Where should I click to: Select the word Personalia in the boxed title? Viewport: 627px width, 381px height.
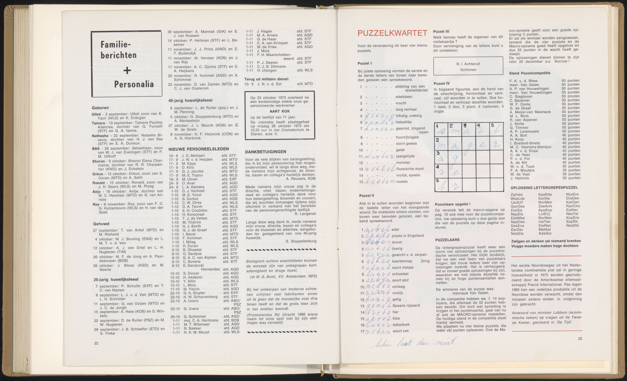134,84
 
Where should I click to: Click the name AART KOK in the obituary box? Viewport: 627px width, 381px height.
280,111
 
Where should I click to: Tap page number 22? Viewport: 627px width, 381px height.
96,343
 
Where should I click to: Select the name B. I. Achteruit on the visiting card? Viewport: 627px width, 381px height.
468,64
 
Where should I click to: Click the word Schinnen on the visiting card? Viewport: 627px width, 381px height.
468,70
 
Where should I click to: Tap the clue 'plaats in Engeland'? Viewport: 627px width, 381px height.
408,236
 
